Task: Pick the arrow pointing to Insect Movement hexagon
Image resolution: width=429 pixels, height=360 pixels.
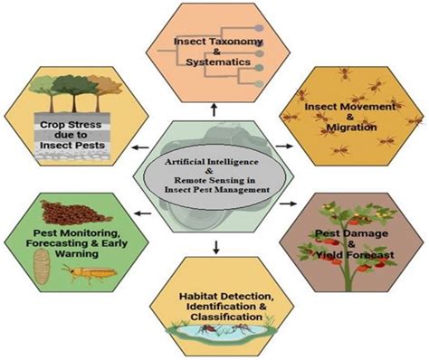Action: click(287, 144)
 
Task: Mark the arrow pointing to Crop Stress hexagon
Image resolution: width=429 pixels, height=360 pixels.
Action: click(138, 147)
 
